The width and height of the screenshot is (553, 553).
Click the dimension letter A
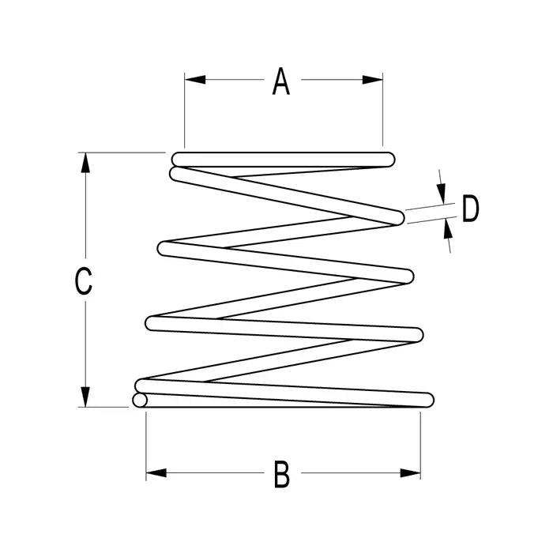[x=281, y=81]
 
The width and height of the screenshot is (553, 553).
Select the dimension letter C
[x=84, y=281]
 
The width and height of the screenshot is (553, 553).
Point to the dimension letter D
[x=471, y=209]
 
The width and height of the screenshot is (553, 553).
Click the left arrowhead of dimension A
[x=195, y=79]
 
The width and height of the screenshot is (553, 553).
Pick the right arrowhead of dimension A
[x=372, y=80]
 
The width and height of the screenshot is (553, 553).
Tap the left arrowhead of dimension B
[x=156, y=473]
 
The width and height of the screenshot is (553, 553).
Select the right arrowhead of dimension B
[x=410, y=473]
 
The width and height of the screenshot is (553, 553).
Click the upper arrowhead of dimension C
[x=85, y=163]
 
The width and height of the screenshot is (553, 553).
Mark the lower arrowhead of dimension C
[x=85, y=397]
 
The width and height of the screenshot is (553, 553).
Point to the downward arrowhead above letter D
[x=441, y=194]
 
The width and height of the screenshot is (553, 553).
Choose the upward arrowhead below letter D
[x=448, y=228]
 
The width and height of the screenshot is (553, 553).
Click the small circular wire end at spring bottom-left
[x=140, y=401]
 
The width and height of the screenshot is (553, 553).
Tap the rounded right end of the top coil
[x=388, y=160]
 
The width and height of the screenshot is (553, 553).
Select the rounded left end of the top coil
[x=179, y=160]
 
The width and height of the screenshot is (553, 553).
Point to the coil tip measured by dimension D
[x=397, y=217]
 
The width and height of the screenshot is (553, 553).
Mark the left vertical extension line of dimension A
[x=184, y=111]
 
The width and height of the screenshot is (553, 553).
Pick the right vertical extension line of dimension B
[x=420, y=446]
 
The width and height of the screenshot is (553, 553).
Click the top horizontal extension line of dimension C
[x=122, y=152]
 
